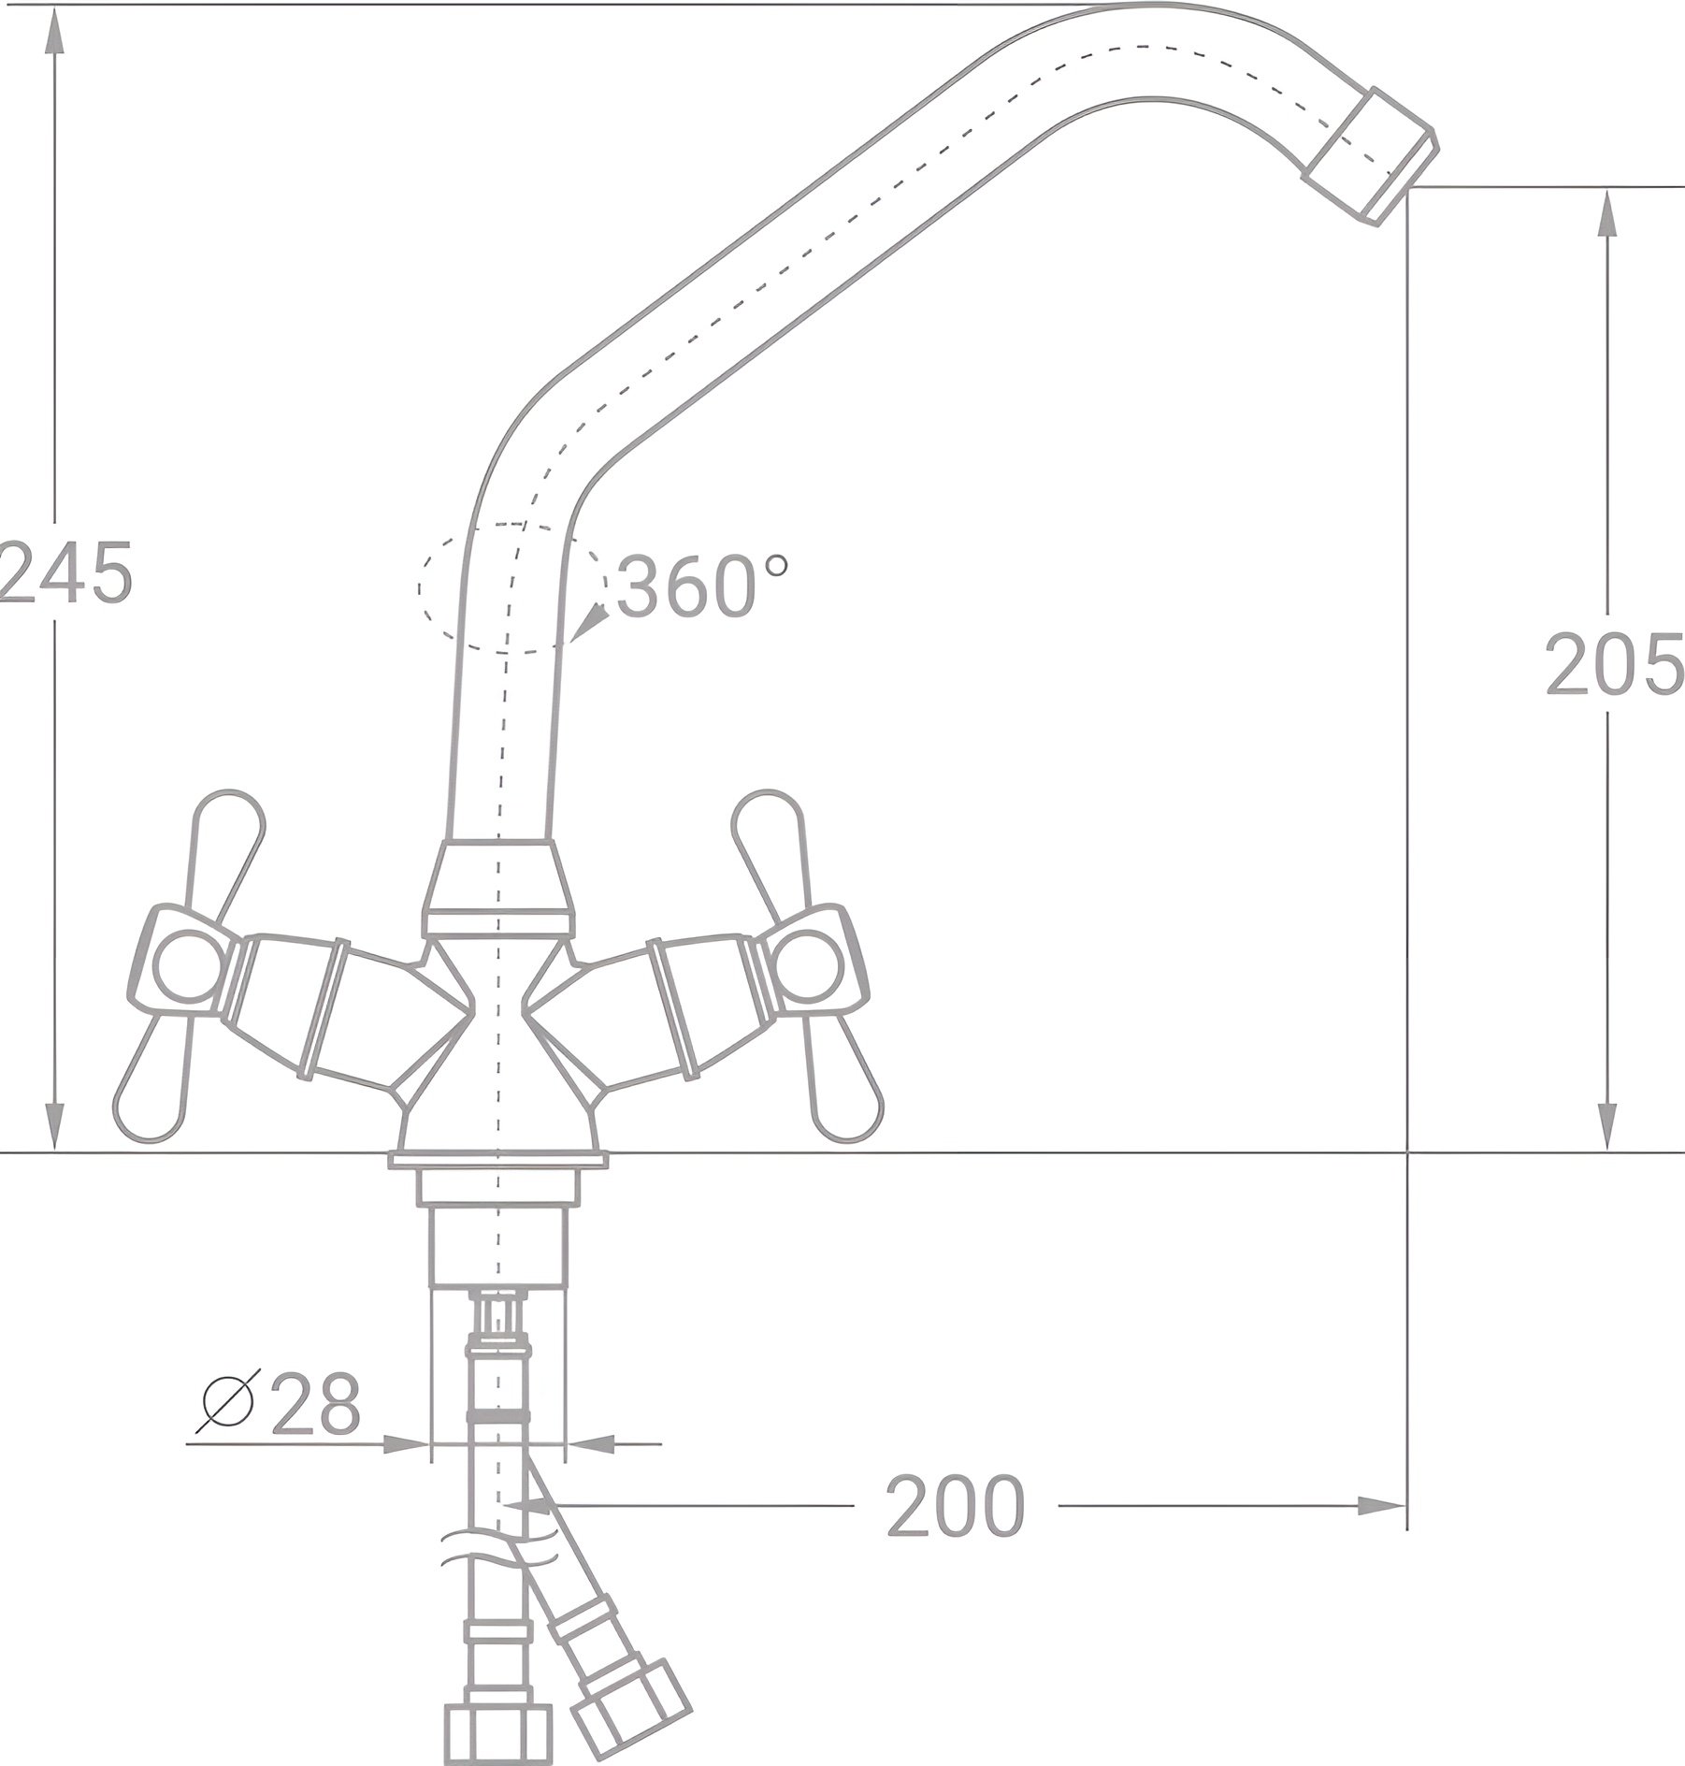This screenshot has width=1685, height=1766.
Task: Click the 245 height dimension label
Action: coord(65,572)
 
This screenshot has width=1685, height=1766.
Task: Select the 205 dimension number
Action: coord(1614,663)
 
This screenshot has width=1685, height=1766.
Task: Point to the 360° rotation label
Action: coord(702,586)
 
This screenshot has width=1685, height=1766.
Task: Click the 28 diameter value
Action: coord(315,1404)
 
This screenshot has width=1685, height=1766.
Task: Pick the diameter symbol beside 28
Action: coord(227,1404)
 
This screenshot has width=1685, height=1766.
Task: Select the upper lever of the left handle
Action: coord(227,850)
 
